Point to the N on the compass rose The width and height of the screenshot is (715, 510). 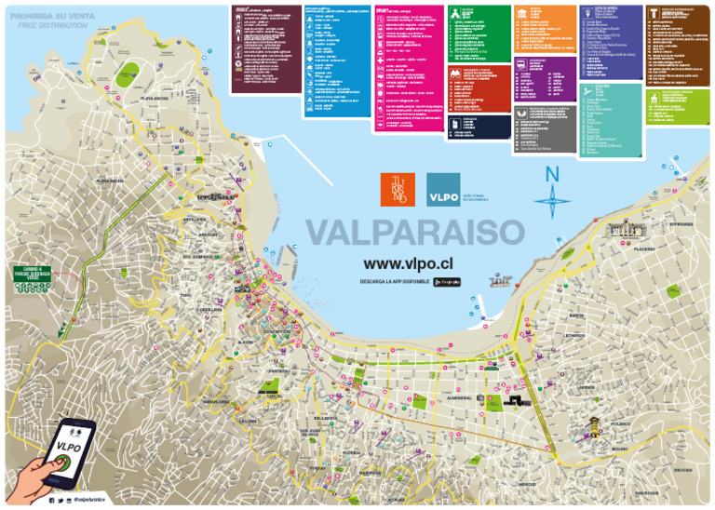(553, 175)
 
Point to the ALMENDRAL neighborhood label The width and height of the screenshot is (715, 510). (461, 397)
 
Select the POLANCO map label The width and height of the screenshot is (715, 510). (621, 424)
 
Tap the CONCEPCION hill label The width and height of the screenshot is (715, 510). (277, 331)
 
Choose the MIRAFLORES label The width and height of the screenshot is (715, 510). (216, 402)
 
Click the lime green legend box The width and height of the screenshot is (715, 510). (679, 107)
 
